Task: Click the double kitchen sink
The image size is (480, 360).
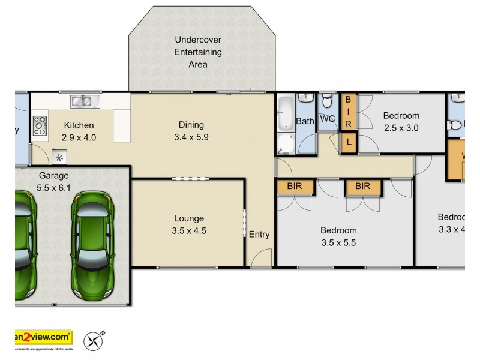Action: click(82, 101)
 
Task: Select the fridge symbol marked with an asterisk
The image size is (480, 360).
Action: click(60, 158)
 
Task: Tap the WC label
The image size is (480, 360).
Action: click(328, 119)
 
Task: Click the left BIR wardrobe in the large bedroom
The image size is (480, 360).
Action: click(295, 187)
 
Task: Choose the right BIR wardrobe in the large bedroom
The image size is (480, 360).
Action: click(363, 187)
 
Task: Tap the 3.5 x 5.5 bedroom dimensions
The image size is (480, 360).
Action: click(338, 242)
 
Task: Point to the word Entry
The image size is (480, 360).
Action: click(259, 234)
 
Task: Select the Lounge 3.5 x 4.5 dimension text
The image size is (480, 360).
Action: click(189, 230)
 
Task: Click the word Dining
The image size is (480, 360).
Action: click(191, 125)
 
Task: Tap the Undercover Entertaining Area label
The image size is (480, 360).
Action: click(198, 52)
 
